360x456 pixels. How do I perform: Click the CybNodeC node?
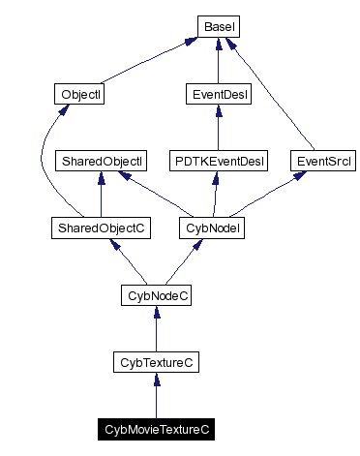pos(156,295)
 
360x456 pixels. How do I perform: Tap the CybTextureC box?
pos(156,362)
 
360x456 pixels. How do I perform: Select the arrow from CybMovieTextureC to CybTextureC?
pos(156,396)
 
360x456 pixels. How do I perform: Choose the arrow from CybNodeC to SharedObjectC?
pos(128,261)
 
